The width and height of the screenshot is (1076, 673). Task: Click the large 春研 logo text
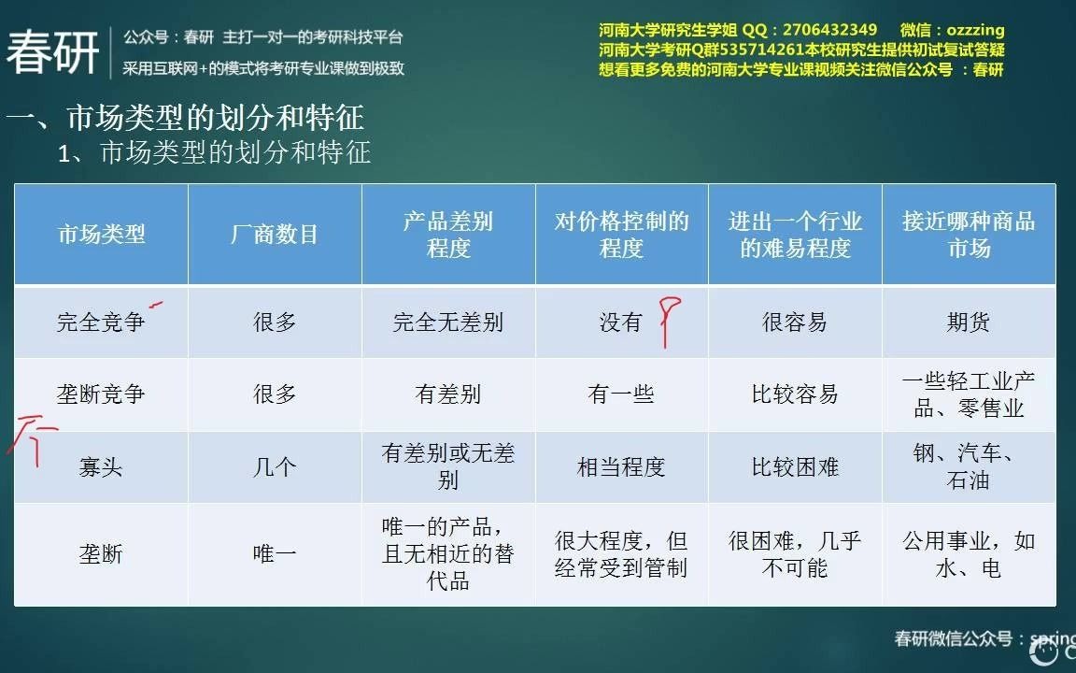click(53, 52)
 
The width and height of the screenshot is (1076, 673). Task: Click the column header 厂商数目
click(275, 235)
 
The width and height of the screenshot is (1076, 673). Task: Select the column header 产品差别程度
click(448, 235)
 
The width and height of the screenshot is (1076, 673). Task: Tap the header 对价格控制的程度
click(621, 235)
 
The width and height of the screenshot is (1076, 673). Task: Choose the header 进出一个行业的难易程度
click(795, 235)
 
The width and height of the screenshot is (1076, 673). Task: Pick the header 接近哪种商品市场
click(969, 235)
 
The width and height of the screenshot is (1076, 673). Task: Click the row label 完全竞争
click(101, 322)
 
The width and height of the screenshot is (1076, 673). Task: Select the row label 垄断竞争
click(101, 394)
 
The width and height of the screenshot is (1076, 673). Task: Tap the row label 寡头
click(101, 467)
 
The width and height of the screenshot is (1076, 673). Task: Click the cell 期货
click(969, 322)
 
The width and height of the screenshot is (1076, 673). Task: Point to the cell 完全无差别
click(448, 322)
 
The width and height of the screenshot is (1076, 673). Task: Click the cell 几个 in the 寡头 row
click(275, 467)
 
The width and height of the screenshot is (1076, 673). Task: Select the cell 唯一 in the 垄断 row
click(275, 554)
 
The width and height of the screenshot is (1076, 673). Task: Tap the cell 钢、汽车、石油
click(969, 467)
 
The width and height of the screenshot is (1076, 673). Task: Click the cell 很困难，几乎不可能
click(795, 554)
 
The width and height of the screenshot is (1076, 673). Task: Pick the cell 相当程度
click(621, 467)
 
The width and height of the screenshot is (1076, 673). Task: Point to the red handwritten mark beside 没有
click(669, 321)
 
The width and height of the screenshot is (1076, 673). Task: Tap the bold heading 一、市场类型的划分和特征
click(185, 118)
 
